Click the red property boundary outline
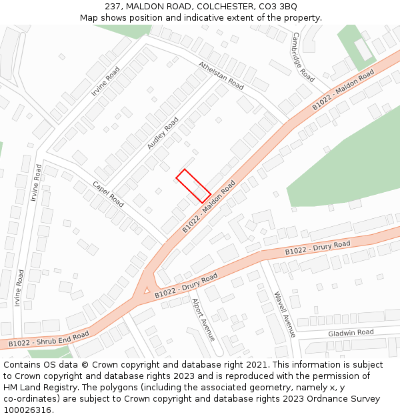(193, 185)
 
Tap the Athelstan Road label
(221, 75)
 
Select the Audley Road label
(163, 133)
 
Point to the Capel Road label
(108, 193)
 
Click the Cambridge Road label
(303, 57)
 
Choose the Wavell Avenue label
(284, 314)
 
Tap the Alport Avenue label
(203, 320)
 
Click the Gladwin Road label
(351, 332)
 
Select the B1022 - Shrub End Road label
(48, 339)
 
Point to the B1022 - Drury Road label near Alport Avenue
(186, 285)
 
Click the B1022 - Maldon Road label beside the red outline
(209, 206)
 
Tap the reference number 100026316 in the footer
(27, 410)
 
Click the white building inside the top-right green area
(363, 49)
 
